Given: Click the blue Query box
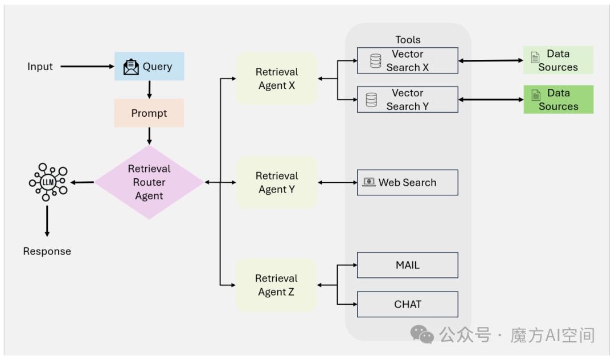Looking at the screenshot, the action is pyautogui.click(x=149, y=66).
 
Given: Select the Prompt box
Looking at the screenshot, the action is pyautogui.click(x=149, y=113).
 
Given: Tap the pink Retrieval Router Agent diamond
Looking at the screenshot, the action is pyautogui.click(x=149, y=182).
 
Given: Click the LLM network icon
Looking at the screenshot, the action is pyautogui.click(x=48, y=182).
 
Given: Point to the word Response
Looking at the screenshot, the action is pyautogui.click(x=47, y=251).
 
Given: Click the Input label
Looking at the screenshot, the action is pyautogui.click(x=40, y=67).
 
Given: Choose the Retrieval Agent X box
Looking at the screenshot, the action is pyautogui.click(x=277, y=79).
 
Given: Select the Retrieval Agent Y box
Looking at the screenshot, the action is pyautogui.click(x=277, y=182).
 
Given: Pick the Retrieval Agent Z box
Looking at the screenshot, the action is pyautogui.click(x=276, y=285).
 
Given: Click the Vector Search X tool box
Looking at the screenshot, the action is pyautogui.click(x=408, y=61).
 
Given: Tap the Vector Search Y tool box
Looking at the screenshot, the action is pyautogui.click(x=408, y=100).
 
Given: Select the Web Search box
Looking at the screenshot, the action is pyautogui.click(x=408, y=182).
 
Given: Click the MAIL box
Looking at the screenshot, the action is pyautogui.click(x=408, y=265).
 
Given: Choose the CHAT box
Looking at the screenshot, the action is pyautogui.click(x=408, y=304).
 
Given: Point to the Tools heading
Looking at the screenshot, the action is pyautogui.click(x=408, y=40).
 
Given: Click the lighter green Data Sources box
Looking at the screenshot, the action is pyautogui.click(x=558, y=60).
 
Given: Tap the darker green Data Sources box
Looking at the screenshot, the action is pyautogui.click(x=559, y=100).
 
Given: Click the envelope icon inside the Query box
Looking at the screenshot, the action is pyautogui.click(x=131, y=67).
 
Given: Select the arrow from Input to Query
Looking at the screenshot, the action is pyautogui.click(x=87, y=67).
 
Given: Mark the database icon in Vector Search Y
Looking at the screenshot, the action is pyautogui.click(x=371, y=100).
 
